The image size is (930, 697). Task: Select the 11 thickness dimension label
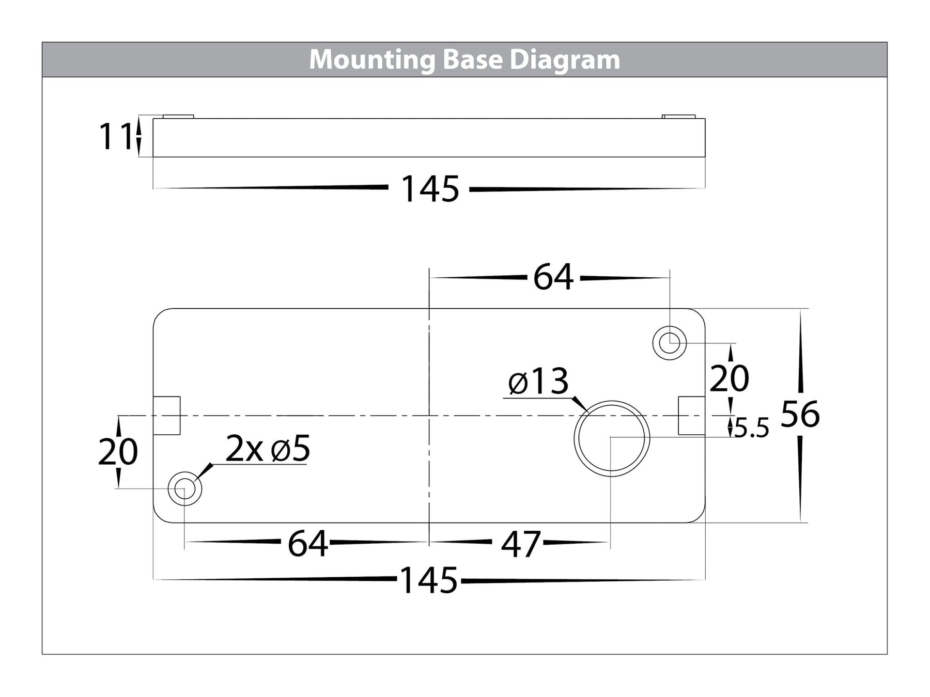tap(115, 137)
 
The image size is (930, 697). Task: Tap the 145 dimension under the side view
tap(430, 189)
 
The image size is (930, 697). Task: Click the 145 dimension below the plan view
tap(429, 580)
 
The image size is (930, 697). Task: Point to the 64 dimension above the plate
tap(553, 277)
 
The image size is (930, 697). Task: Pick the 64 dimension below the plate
tap(308, 543)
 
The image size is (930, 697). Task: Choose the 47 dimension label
tap(521, 544)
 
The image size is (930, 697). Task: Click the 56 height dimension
tap(800, 414)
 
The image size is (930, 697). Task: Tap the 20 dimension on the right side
tap(729, 378)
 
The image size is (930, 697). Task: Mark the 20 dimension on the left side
tap(118, 452)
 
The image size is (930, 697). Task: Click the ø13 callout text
tap(538, 382)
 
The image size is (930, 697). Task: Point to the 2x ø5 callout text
tap(268, 449)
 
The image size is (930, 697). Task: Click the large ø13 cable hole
tap(612, 438)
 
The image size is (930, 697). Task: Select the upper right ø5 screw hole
tap(670, 343)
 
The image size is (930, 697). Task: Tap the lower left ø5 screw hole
tap(185, 488)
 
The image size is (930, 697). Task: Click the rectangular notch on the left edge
tap(166, 416)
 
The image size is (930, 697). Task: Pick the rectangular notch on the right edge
tap(691, 416)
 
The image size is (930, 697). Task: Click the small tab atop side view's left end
tap(178, 116)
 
